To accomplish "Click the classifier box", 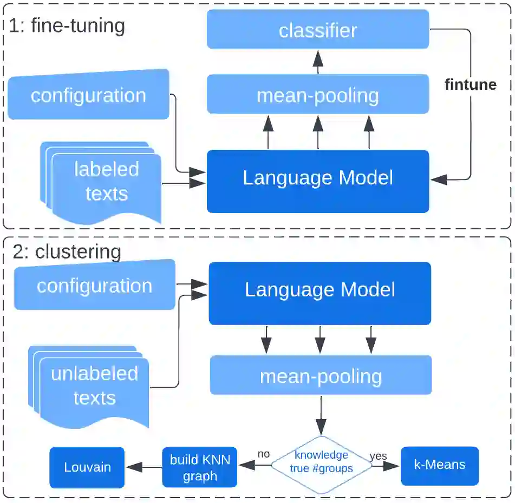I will (318, 30).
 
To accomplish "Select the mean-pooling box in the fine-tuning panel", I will (318, 95).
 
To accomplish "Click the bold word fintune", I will (470, 84).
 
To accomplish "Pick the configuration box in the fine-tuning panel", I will (88, 96).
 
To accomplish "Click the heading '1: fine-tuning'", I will (67, 25).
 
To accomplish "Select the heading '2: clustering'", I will (67, 251).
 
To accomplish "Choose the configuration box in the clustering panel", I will (94, 286).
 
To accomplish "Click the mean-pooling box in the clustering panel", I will (321, 375).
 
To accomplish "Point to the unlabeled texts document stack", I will (92, 386).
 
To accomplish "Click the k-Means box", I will (440, 465).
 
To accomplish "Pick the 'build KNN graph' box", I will (200, 467).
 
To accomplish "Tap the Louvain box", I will (87, 467).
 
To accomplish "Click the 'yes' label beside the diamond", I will (378, 456).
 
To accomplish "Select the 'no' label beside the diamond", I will (264, 454).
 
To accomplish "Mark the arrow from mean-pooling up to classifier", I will (318, 62).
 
